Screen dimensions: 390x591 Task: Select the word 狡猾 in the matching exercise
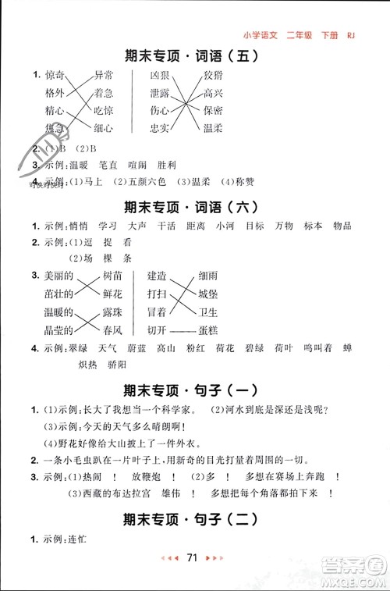(212, 75)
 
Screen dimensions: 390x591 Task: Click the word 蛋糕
(208, 329)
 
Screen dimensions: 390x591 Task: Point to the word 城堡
(208, 293)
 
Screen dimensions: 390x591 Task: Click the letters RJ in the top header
(350, 34)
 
